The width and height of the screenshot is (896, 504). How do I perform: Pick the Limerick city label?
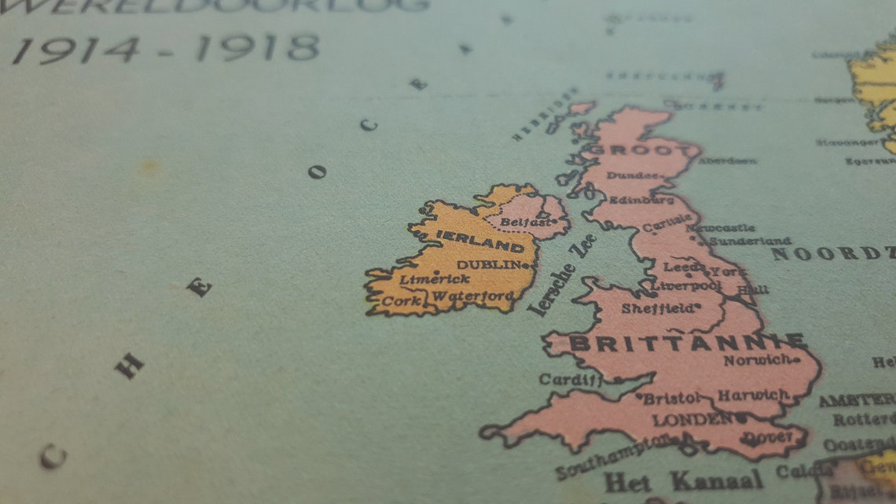click(434, 279)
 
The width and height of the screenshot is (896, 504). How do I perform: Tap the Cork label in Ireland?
click(402, 301)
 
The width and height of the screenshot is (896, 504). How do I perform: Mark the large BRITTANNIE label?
click(686, 343)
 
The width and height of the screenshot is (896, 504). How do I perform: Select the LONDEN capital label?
click(692, 419)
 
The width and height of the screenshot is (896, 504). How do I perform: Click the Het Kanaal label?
click(682, 480)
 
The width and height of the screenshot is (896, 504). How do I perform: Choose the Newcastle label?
click(721, 228)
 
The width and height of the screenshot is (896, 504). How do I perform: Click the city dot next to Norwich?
click(795, 359)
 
